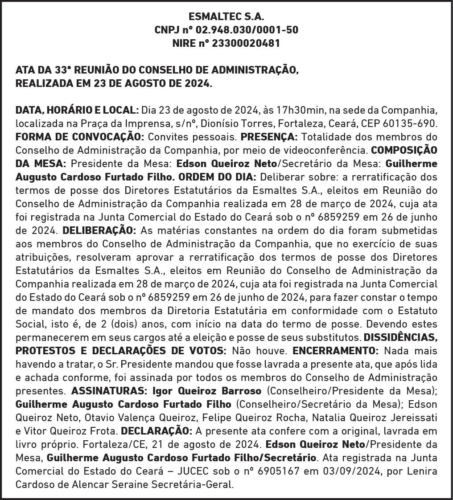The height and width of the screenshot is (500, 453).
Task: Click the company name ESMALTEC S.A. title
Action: pos(226,17)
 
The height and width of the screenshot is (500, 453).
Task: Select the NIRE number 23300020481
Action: pos(247,44)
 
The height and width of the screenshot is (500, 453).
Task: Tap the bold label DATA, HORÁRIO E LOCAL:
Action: pos(77,110)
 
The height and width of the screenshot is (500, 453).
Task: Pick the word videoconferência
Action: pos(328,150)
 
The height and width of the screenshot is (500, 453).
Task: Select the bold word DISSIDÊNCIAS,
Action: pos(400,337)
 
